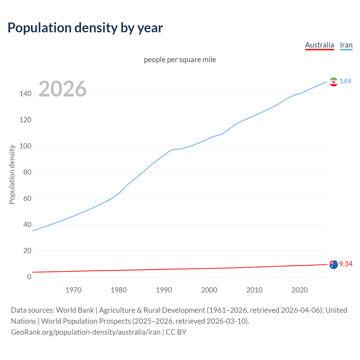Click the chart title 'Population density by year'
[85, 28]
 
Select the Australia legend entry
[319, 45]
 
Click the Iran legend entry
[346, 45]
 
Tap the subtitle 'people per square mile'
[180, 60]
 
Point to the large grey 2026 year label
[62, 89]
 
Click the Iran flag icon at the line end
[333, 82]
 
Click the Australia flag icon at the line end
[333, 264]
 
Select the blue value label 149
[345, 81]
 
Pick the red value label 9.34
[346, 264]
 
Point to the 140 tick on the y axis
[25, 94]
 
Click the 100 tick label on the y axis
[25, 146]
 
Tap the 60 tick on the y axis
[27, 199]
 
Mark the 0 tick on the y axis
[29, 277]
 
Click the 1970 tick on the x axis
[73, 290]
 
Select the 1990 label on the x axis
[164, 290]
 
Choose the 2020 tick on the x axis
[300, 290]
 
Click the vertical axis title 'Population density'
[12, 174]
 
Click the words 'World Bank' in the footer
[75, 310]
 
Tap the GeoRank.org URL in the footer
[85, 332]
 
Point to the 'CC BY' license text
[176, 332]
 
